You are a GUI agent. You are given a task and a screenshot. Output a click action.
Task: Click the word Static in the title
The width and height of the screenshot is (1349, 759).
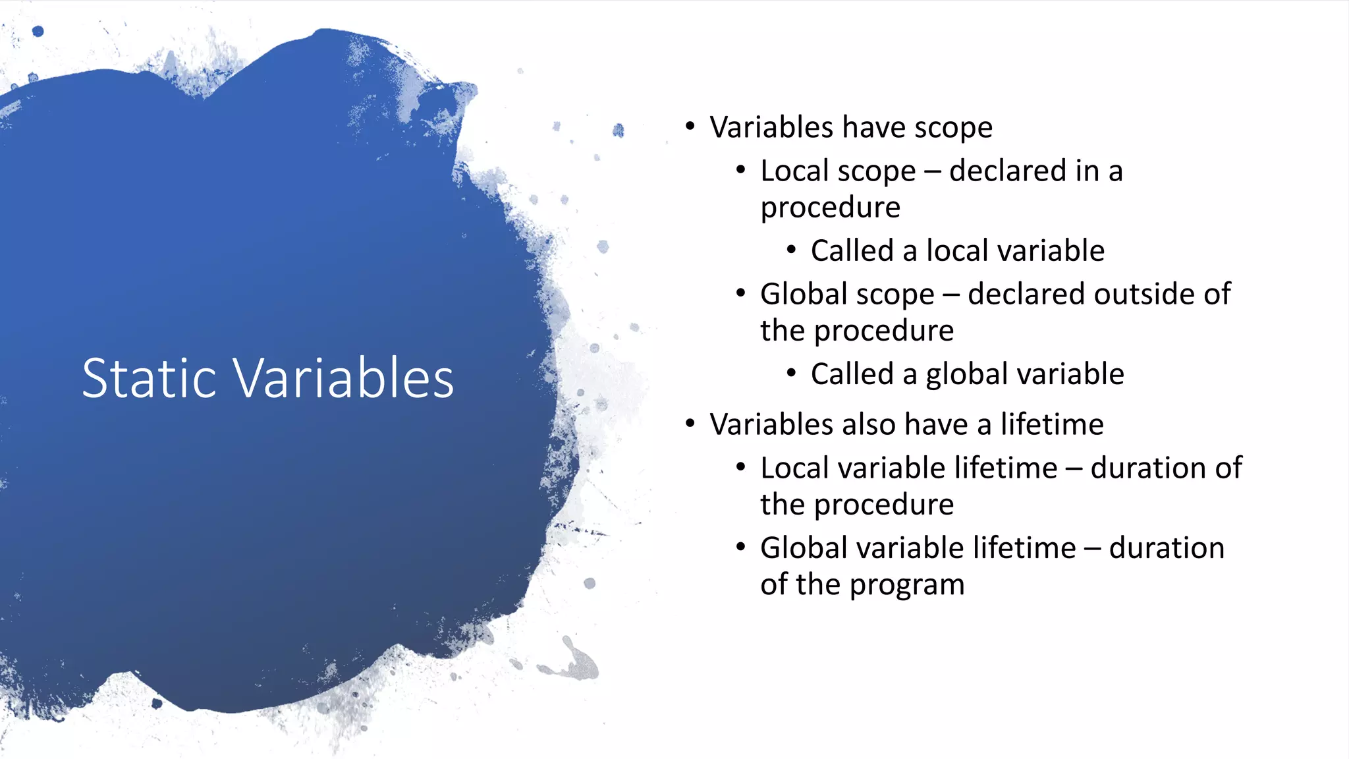(x=149, y=378)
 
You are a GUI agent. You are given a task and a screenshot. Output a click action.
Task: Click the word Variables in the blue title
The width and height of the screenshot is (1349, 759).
(x=344, y=378)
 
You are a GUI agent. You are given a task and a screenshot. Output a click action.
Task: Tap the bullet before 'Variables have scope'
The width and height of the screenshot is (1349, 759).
(x=690, y=126)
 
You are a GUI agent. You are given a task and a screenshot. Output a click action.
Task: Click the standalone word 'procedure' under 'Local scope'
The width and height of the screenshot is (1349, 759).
(x=830, y=208)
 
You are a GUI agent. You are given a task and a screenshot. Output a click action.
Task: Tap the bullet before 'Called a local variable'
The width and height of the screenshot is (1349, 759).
(x=791, y=250)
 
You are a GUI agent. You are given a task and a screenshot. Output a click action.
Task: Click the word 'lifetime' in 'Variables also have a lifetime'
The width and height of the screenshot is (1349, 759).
(x=1052, y=424)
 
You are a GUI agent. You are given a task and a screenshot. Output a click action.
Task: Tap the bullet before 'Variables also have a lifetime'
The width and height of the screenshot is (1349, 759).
(x=690, y=423)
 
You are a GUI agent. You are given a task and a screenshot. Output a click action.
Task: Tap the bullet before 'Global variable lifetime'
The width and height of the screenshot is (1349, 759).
(x=740, y=547)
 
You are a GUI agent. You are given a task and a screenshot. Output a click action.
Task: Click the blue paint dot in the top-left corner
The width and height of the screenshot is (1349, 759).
(x=38, y=31)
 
